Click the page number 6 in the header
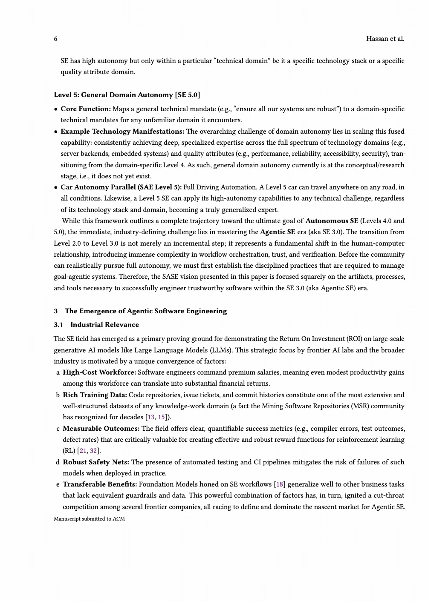click(55, 39)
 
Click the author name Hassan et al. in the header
click(385, 39)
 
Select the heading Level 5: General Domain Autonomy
click(127, 94)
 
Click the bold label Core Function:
click(86, 109)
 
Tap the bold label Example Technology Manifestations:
click(122, 131)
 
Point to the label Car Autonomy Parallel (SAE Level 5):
click(121, 187)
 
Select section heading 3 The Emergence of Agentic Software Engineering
click(140, 311)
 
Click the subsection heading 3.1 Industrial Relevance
click(96, 325)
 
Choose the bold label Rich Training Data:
click(95, 395)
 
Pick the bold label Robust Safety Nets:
click(96, 462)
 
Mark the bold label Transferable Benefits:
click(100, 484)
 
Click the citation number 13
click(151, 417)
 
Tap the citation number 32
click(94, 451)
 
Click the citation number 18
click(280, 484)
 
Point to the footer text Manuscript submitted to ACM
click(89, 519)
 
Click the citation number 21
click(83, 451)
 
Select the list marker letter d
click(58, 462)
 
